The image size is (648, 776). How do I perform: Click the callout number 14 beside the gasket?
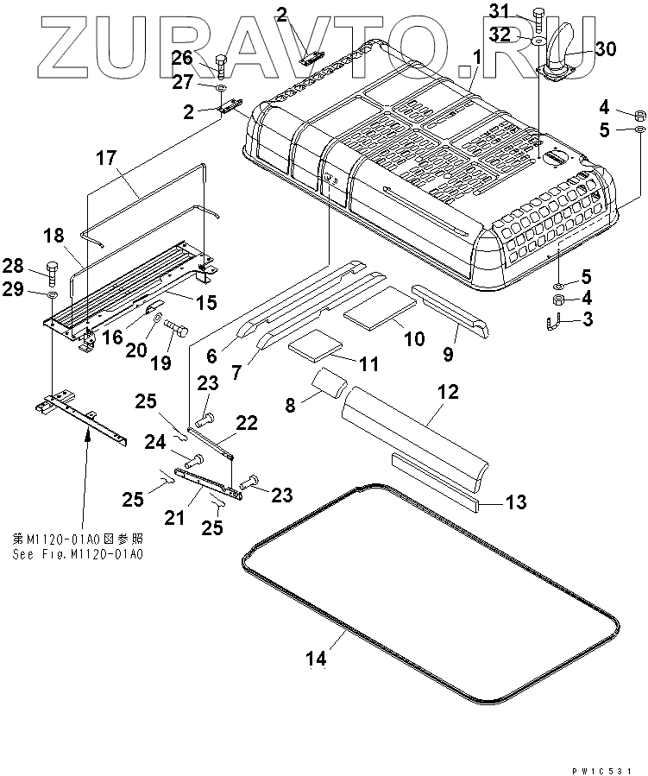(316, 659)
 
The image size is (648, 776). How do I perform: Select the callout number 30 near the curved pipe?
(605, 49)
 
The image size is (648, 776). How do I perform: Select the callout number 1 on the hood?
(475, 59)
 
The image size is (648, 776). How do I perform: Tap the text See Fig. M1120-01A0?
(78, 553)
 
